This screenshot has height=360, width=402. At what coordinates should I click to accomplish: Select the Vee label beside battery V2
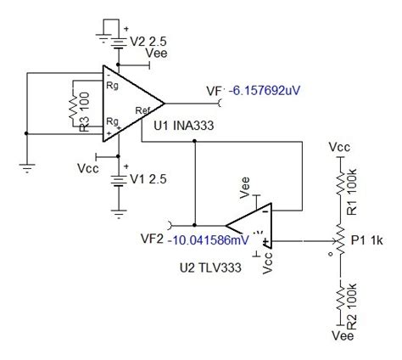(x=158, y=53)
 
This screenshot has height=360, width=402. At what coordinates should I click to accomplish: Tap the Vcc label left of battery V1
(x=87, y=164)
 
